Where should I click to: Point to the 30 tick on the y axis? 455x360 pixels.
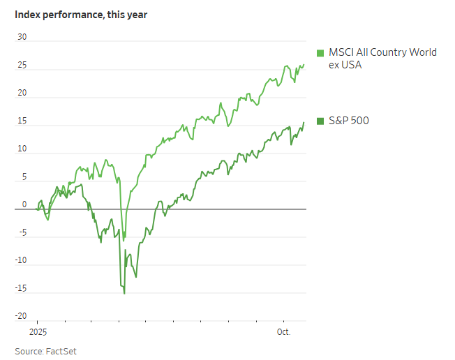pos(22,38)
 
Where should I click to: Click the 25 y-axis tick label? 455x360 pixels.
pos(22,66)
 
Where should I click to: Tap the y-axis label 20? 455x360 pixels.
pos(22,93)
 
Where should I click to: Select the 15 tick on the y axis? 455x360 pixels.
pos(22,121)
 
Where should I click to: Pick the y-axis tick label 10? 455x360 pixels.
pos(22,149)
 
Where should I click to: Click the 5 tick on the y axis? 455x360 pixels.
pos(24,177)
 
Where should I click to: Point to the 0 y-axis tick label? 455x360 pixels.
pos(24,204)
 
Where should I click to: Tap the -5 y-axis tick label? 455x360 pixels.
pos(22,233)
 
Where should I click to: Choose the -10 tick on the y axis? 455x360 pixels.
pos(21,261)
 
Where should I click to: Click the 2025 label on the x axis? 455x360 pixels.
pos(37,331)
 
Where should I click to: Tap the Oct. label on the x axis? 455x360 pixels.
pos(284,331)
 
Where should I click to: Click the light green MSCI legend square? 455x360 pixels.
pos(320,53)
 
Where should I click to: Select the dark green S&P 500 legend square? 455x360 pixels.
pos(320,121)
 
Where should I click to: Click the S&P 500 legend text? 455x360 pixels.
pos(348,121)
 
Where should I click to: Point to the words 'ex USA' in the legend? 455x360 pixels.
pos(345,65)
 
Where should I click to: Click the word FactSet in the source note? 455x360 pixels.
pos(61,351)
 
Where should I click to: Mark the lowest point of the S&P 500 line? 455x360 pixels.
pos(124,293)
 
